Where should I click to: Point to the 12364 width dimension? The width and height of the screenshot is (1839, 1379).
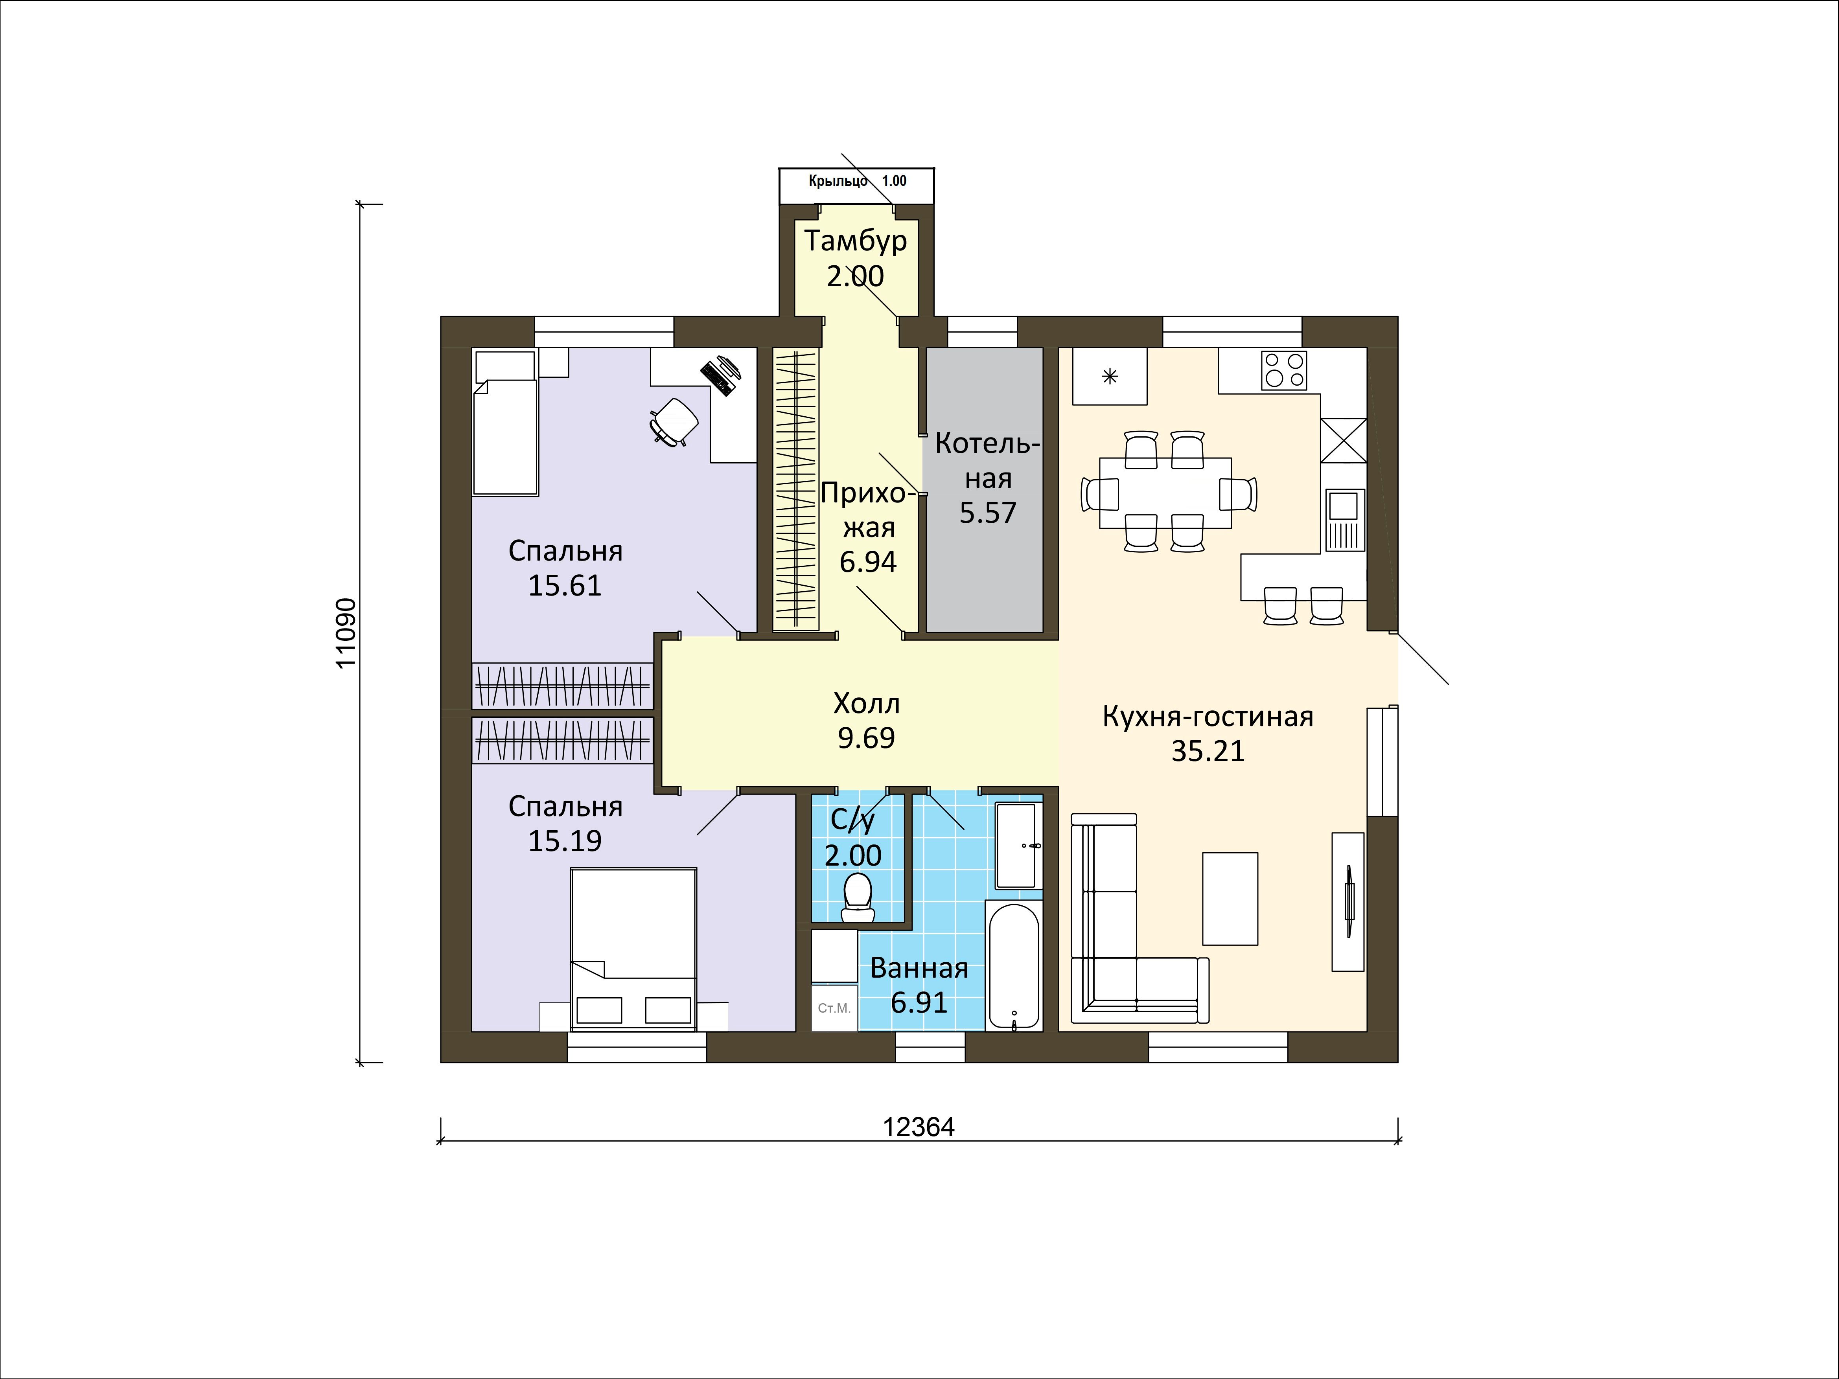919,1128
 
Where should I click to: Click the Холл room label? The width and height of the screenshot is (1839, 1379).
866,704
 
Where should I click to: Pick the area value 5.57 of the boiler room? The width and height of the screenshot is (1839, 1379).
988,513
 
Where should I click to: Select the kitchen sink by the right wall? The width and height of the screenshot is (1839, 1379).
1344,520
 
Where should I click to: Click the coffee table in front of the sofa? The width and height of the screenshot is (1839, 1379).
1230,899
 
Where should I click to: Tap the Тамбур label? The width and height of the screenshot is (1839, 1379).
856,241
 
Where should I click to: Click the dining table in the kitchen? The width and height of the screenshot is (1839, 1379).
1165,492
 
